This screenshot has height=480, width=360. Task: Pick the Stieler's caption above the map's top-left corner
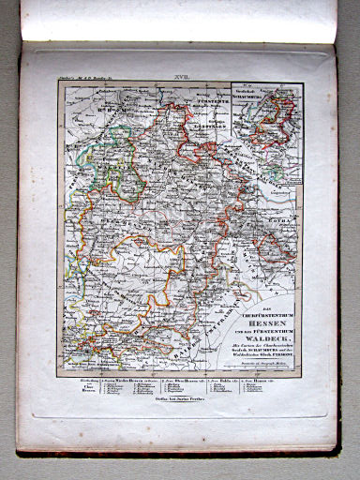click(84, 82)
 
